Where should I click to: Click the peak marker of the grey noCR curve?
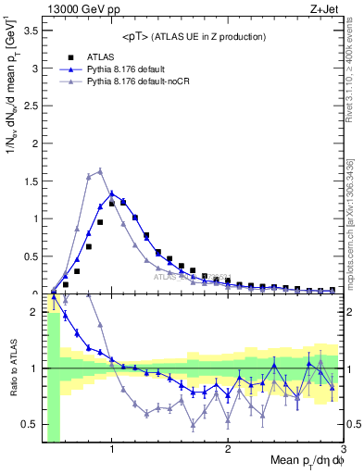point(100,171)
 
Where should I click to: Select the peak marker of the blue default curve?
point(112,193)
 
